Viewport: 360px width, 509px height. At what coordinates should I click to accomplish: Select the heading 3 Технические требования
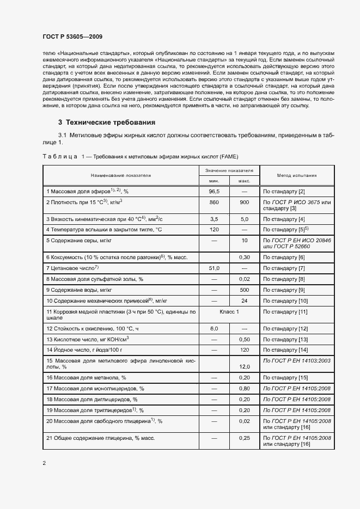click(x=107, y=122)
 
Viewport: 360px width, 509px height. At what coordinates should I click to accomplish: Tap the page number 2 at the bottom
click(x=44, y=463)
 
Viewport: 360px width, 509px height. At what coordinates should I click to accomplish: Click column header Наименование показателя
click(x=121, y=175)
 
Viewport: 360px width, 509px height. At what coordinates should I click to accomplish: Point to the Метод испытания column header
click(x=290, y=175)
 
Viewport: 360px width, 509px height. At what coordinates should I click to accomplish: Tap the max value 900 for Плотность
click(x=245, y=203)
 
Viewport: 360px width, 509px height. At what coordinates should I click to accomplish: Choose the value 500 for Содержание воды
click(x=245, y=290)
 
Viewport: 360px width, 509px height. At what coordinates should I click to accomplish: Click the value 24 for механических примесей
click(x=245, y=301)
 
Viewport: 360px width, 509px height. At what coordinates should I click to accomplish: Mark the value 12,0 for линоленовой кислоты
click(x=245, y=367)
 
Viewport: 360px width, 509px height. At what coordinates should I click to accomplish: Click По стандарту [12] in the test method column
click(x=285, y=329)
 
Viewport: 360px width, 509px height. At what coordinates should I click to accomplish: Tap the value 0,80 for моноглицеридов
click(x=245, y=389)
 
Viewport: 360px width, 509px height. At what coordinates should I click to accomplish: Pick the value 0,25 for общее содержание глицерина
click(x=245, y=438)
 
